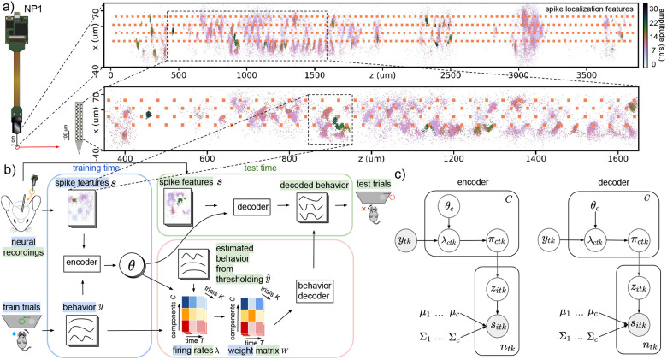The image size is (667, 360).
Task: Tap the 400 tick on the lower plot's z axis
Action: (x=124, y=159)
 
